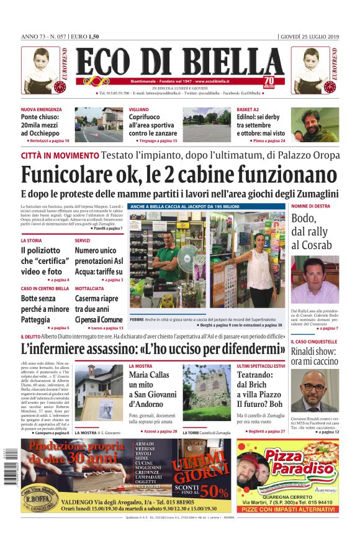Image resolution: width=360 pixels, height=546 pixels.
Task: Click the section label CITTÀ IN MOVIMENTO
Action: (x=60, y=154)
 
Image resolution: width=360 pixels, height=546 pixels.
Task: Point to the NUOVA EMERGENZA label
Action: (x=42, y=109)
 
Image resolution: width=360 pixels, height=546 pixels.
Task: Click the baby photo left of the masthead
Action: (x=42, y=70)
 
